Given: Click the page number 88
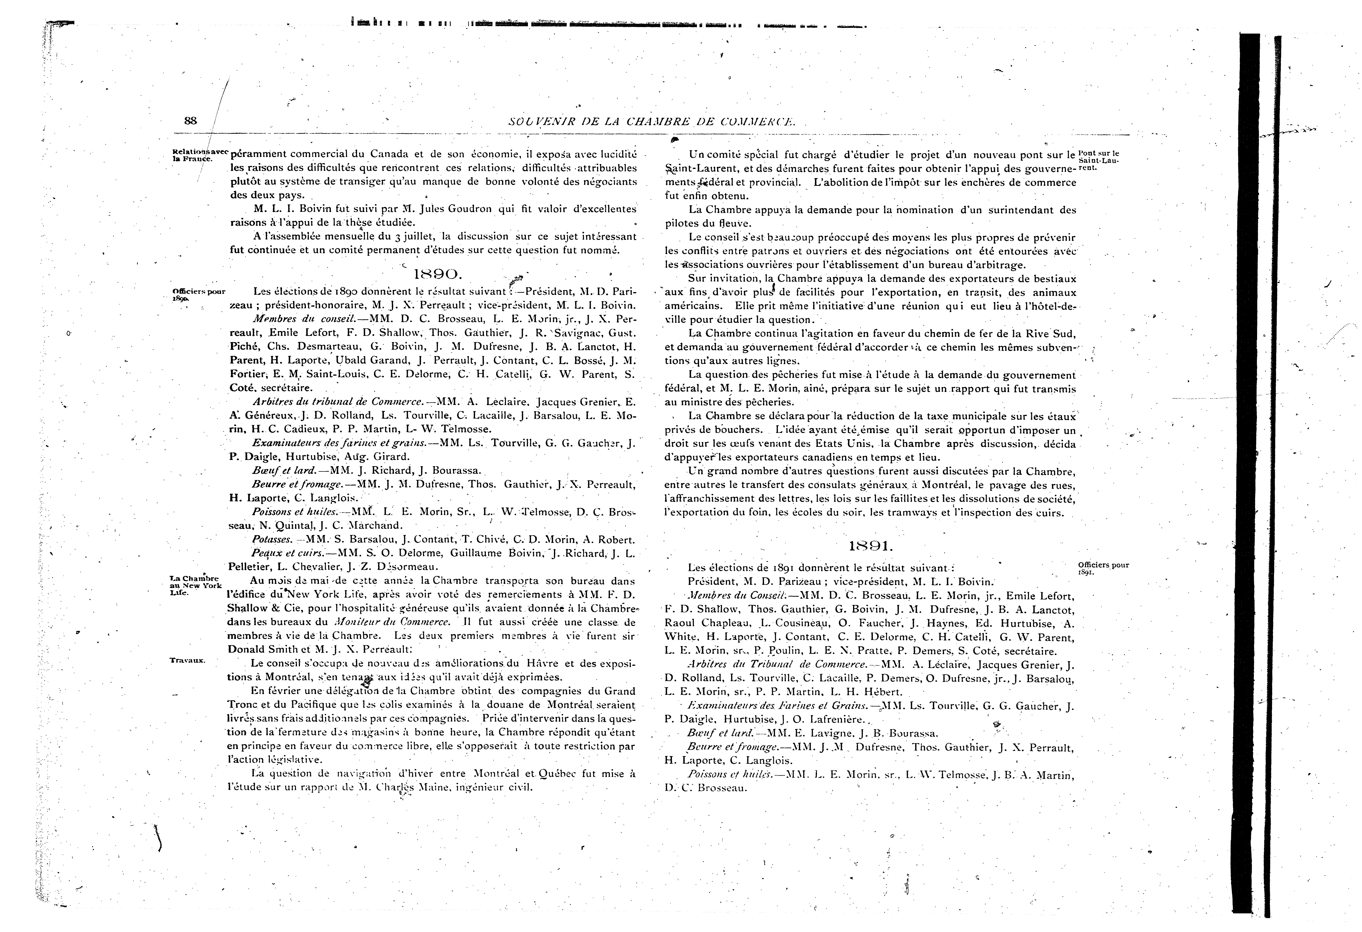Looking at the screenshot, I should click(191, 121).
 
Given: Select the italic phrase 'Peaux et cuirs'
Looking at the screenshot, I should click(287, 553).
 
